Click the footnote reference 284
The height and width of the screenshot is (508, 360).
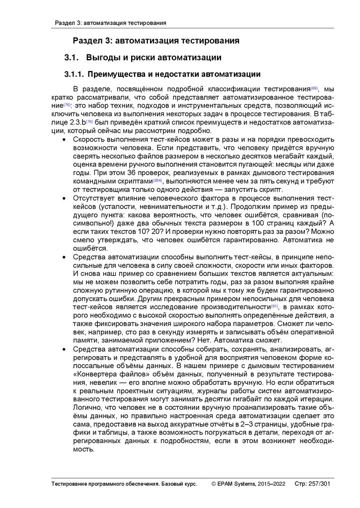coord(157,180)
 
